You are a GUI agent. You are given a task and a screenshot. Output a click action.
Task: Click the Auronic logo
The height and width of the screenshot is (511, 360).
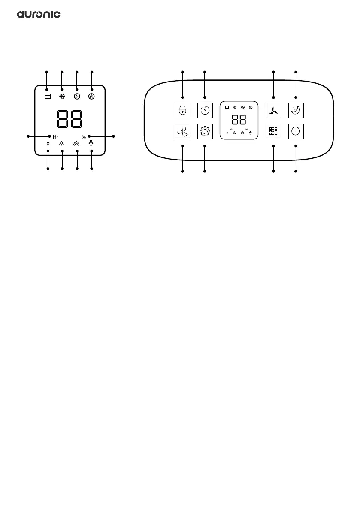pos(39,15)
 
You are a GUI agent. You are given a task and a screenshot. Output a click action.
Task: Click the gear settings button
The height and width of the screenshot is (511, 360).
pos(204,131)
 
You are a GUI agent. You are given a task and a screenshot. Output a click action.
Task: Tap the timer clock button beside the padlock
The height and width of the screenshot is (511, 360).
pos(204,110)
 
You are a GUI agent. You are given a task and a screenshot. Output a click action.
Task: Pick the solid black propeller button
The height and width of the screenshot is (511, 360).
pos(273,110)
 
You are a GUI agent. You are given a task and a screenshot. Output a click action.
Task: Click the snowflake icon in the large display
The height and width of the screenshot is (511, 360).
pos(62,96)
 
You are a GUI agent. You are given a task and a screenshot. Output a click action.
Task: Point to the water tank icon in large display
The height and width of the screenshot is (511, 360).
pos(47,96)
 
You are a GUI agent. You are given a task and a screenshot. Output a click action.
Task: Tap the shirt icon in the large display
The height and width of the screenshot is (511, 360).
pos(91,143)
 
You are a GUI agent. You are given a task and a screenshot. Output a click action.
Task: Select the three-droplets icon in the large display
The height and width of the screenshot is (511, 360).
pos(76,144)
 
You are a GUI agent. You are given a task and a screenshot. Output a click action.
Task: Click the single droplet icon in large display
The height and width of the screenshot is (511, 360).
pos(48,144)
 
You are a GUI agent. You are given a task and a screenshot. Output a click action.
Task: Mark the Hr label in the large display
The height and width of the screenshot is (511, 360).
pos(55,136)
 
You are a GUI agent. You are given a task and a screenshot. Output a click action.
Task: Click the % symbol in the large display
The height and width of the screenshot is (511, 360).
pos(84,136)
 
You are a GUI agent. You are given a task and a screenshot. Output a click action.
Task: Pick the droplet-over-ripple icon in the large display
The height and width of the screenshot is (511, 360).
pos(62,144)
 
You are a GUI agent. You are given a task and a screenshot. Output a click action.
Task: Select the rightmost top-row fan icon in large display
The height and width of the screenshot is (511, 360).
pos(91,96)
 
